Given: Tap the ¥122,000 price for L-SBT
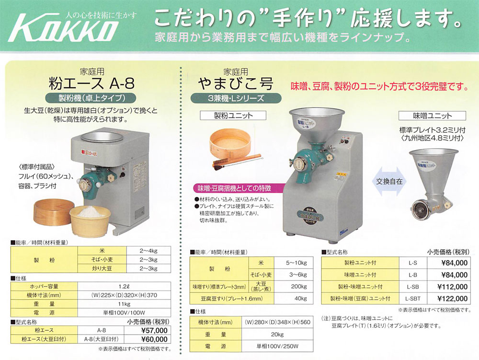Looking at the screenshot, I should [452, 298].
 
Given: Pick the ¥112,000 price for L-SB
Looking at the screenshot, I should [452, 287].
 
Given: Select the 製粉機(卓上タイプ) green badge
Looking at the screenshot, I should [92, 99].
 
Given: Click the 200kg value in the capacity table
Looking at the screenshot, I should [299, 286].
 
